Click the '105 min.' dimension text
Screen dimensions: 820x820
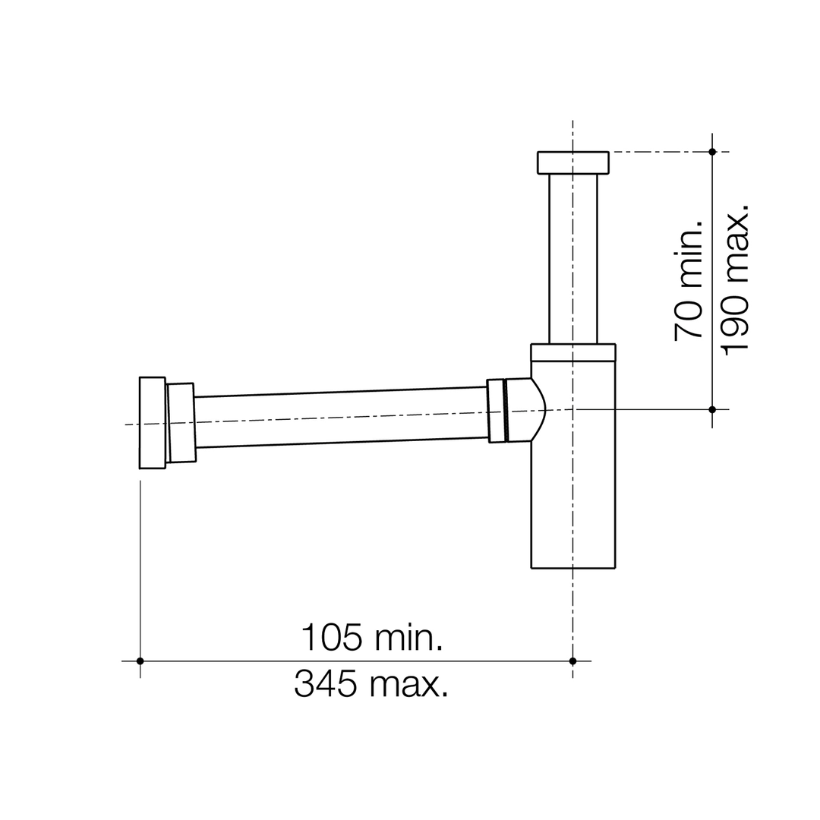pyautogui.click(x=372, y=638)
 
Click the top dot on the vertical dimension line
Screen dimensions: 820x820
pyautogui.click(x=712, y=152)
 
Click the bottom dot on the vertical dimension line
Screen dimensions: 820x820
pyautogui.click(x=712, y=409)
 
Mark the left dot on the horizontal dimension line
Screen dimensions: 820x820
pyautogui.click(x=140, y=661)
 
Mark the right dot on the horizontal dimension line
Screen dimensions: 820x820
pyautogui.click(x=572, y=661)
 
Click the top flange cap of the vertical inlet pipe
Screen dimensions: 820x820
pyautogui.click(x=572, y=162)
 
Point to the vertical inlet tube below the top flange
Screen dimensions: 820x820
pyautogui.click(x=572, y=258)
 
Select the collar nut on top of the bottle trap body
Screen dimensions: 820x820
pyautogui.click(x=572, y=352)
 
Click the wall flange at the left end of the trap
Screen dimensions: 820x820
pyautogui.click(x=152, y=422)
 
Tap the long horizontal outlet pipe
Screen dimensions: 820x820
pyautogui.click(x=342, y=417)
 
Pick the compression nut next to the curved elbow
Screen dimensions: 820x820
pyautogui.click(x=496, y=411)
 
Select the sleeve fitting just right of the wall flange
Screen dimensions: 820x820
pyautogui.click(x=181, y=422)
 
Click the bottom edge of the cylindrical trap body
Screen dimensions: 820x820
pyautogui.click(x=572, y=567)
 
